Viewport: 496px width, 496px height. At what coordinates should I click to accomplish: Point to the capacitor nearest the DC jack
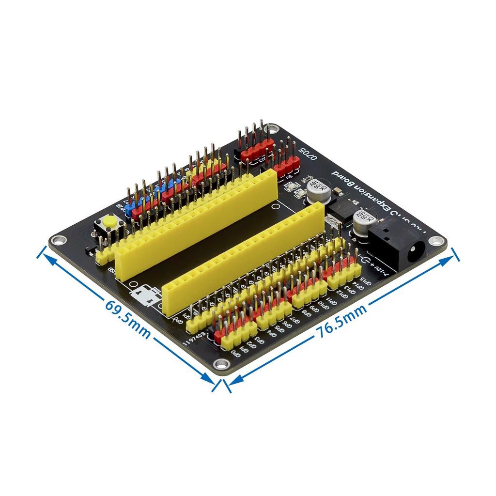tap(362, 222)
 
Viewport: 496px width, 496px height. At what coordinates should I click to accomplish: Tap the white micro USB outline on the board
tap(145, 295)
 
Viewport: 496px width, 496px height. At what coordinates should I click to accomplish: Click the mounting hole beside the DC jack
tap(438, 240)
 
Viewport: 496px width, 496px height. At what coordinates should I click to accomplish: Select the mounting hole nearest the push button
tap(59, 239)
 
